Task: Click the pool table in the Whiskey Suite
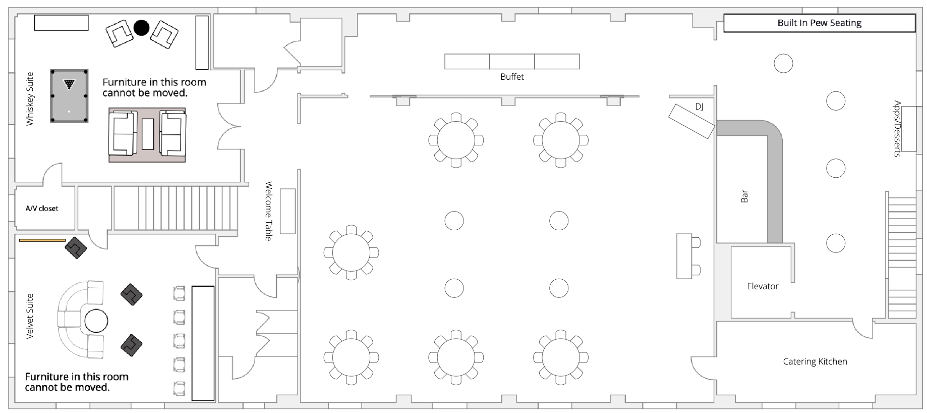[x=69, y=96]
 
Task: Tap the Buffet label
[x=512, y=77]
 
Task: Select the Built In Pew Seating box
[x=820, y=23]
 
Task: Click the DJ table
[x=691, y=121]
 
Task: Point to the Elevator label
[x=763, y=286]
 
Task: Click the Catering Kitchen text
[x=815, y=362]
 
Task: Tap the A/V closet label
[x=42, y=208]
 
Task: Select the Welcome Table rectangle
[x=287, y=211]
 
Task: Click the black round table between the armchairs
[x=142, y=28]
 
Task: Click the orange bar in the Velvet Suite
[x=42, y=240]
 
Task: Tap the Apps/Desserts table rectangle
[x=908, y=129]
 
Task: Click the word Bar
[x=744, y=196]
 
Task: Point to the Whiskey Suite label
[x=30, y=99]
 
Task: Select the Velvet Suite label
[x=30, y=316]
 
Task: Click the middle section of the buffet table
[x=512, y=62]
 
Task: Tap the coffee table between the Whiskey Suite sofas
[x=148, y=134]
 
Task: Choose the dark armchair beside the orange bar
[x=76, y=248]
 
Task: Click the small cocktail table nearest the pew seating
[x=783, y=64]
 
